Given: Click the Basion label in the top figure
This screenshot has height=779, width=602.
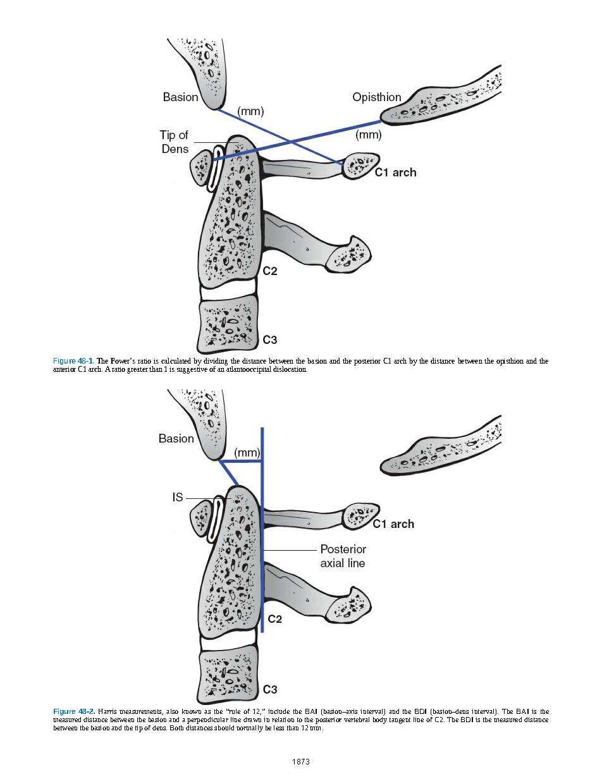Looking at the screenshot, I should coord(180,97).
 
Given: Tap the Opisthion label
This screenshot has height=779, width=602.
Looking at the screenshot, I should coord(377,97).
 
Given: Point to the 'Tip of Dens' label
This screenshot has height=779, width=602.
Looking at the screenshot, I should coord(174,142).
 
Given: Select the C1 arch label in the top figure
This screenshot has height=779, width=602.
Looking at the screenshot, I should coord(395,172).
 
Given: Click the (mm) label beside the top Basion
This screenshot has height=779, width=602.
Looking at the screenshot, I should coord(250,111).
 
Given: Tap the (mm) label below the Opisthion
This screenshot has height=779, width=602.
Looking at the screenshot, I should coord(368,135).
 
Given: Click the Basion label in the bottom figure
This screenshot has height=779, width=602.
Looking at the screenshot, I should coord(176,438).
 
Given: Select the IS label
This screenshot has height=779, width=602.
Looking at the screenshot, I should coord(178,498).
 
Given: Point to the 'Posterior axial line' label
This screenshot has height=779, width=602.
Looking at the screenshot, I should coord(343,556).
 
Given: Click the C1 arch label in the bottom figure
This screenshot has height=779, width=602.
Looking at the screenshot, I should coord(393,524).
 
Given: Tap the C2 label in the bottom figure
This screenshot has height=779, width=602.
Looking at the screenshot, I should coord(274,618).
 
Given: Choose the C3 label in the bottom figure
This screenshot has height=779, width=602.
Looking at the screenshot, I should coord(270,689).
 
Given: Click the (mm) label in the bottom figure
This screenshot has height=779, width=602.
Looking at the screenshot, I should coord(247,453).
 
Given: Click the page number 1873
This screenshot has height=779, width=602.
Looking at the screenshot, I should coord(301,761).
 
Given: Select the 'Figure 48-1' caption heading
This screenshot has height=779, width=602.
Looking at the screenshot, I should coord(73,361).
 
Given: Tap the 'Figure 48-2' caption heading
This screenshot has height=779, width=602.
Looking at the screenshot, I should coord(73,711).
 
